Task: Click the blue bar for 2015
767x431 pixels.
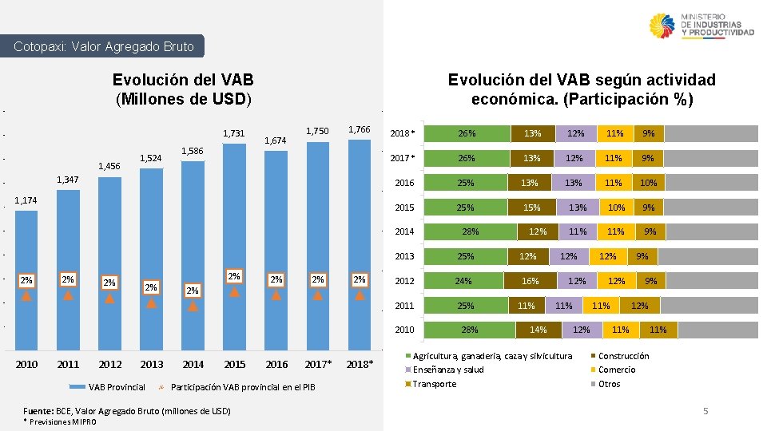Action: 235,239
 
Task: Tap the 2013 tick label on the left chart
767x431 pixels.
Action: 152,365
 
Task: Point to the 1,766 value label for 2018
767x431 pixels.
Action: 360,130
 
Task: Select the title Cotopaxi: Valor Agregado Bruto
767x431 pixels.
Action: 104,46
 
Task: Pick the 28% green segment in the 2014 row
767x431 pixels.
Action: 471,232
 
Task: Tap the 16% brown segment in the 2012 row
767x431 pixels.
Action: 531,281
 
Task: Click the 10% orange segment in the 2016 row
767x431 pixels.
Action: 648,183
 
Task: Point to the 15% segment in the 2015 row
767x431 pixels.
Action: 531,208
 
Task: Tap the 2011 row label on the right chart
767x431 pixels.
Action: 404,306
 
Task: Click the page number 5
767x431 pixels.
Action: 705,411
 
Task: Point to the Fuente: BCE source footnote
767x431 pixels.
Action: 127,411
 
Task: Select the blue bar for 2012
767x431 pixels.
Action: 110,263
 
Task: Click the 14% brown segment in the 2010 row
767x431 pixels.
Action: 538,330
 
